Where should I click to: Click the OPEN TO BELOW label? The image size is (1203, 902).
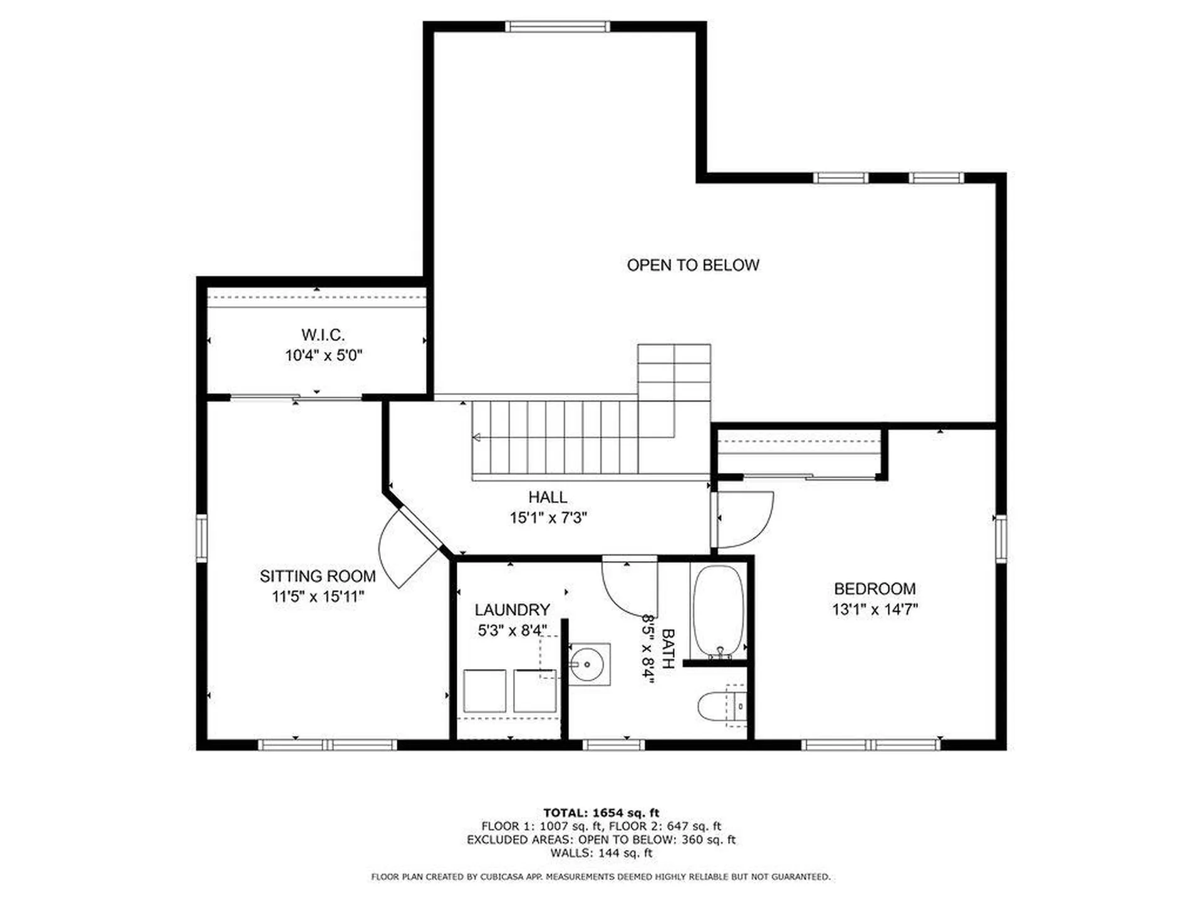693,265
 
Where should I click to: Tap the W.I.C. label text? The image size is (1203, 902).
323,334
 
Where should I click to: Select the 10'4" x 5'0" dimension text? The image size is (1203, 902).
323,356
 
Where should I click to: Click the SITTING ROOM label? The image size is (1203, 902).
318,576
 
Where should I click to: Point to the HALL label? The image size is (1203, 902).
548,497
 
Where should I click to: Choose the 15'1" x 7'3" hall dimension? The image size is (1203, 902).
548,518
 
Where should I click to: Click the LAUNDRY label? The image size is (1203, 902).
512,609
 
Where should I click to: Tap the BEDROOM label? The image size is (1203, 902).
875,589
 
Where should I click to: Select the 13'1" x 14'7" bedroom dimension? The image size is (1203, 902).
875,609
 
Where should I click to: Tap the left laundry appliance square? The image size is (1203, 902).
484,691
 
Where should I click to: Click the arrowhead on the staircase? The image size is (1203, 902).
477,437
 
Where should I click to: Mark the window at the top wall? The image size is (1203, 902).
558,26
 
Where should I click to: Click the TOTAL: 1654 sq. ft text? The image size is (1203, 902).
601,813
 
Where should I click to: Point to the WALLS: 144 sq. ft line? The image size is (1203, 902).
601,853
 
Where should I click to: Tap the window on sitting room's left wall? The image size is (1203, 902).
202,537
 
